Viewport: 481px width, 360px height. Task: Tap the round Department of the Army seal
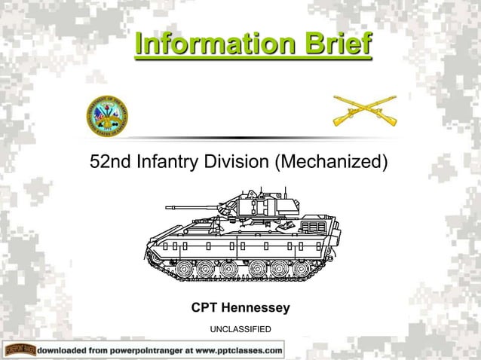[108, 116]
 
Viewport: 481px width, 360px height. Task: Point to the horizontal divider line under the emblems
[240, 138]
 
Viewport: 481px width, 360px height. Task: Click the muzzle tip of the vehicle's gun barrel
[167, 206]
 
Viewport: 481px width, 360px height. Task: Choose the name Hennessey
[257, 308]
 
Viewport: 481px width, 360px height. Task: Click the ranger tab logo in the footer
[20, 350]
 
